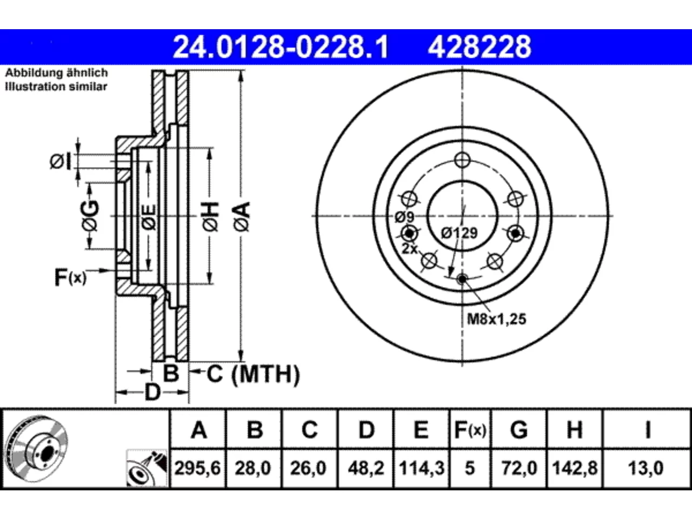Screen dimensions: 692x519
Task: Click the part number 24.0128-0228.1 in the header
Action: pos(281,47)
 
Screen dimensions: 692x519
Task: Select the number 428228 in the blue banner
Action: pos(480,47)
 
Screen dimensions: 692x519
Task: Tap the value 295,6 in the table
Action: pos(198,468)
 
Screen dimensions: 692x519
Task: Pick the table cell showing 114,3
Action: pos(422,468)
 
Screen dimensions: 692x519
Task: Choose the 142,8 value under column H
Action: pos(575,468)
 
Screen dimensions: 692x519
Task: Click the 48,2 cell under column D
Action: pos(366,468)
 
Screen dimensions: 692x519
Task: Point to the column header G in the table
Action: pos(519,430)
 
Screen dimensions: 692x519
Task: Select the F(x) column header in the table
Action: pos(470,430)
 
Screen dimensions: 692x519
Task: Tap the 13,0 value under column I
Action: pos(646,468)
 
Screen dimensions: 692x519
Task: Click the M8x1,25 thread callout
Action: pos(496,319)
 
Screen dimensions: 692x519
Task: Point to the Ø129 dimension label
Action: pos(460,233)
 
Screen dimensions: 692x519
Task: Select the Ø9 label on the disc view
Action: pos(405,217)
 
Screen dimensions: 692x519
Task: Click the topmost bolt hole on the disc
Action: pos(462,160)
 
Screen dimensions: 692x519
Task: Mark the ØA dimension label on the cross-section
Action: pos(242,217)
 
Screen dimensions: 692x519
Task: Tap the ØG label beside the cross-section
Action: pos(90,215)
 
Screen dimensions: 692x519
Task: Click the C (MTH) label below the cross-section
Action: pos(253,374)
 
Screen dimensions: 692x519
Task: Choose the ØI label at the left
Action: pos(61,162)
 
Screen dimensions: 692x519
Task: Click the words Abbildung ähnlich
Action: pos(56,73)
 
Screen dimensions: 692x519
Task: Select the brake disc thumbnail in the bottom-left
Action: pos(37,448)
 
